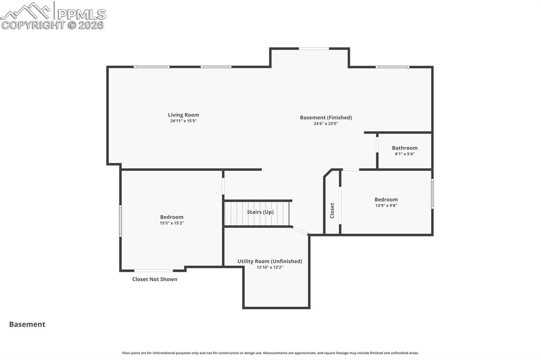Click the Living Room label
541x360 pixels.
coord(183,115)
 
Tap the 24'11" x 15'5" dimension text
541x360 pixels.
coord(183,121)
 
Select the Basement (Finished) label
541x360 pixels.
coord(326,118)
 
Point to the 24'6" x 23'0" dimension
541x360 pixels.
coord(326,124)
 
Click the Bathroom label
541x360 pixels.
coord(405,148)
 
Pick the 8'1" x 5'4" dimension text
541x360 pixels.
coord(405,154)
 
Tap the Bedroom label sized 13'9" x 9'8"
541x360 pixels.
coord(386,200)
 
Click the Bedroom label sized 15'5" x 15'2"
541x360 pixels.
coord(172,217)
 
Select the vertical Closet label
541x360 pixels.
coord(332,211)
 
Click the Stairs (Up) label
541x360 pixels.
coord(260,212)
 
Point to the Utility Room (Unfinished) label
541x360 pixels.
coord(270,261)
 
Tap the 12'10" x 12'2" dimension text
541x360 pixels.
coord(270,267)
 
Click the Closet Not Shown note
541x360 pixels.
coord(155,279)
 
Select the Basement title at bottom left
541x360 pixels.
coord(27,325)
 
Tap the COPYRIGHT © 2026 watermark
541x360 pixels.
coord(53,25)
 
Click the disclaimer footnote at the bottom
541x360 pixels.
coord(270,353)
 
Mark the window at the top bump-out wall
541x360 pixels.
coord(314,49)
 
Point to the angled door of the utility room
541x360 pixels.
coord(300,231)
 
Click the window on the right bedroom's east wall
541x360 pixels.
coord(432,194)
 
